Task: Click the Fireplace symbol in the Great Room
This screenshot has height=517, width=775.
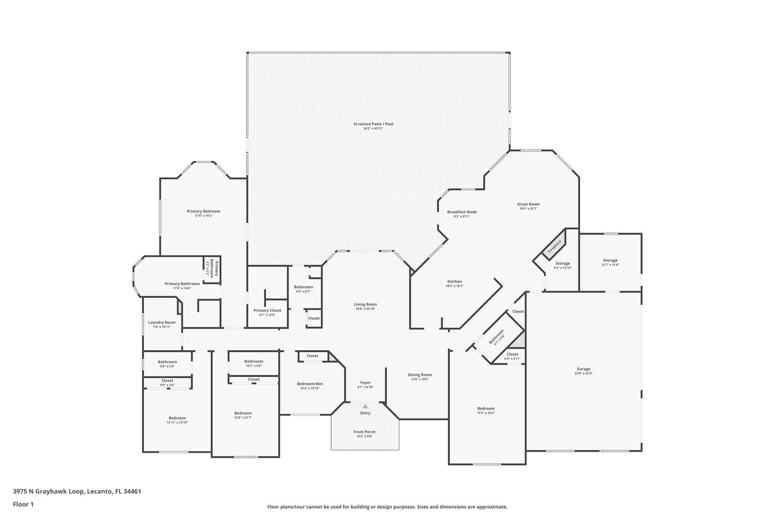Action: click(x=554, y=247)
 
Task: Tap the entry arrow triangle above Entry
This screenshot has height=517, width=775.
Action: click(x=365, y=406)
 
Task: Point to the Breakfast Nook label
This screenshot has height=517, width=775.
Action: click(x=462, y=212)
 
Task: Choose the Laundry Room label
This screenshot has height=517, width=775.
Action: click(x=162, y=322)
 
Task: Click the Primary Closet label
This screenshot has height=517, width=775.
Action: click(x=267, y=310)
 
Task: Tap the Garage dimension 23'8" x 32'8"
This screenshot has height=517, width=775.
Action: click(x=583, y=373)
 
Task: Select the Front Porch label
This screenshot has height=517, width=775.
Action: click(x=364, y=432)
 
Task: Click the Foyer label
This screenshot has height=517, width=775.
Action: click(x=365, y=383)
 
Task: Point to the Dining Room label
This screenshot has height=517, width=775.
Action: click(x=420, y=375)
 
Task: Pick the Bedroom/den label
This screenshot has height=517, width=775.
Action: click(x=310, y=384)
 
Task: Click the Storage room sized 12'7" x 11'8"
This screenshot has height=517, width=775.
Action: click(x=610, y=262)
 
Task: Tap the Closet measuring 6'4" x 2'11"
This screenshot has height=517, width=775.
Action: click(x=512, y=356)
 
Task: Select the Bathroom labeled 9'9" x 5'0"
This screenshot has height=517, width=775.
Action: click(x=167, y=364)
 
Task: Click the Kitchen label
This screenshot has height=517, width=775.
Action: click(x=454, y=281)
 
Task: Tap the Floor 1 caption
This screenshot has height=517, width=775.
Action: click(x=23, y=504)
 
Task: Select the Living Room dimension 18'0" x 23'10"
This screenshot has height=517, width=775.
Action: click(x=365, y=309)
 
